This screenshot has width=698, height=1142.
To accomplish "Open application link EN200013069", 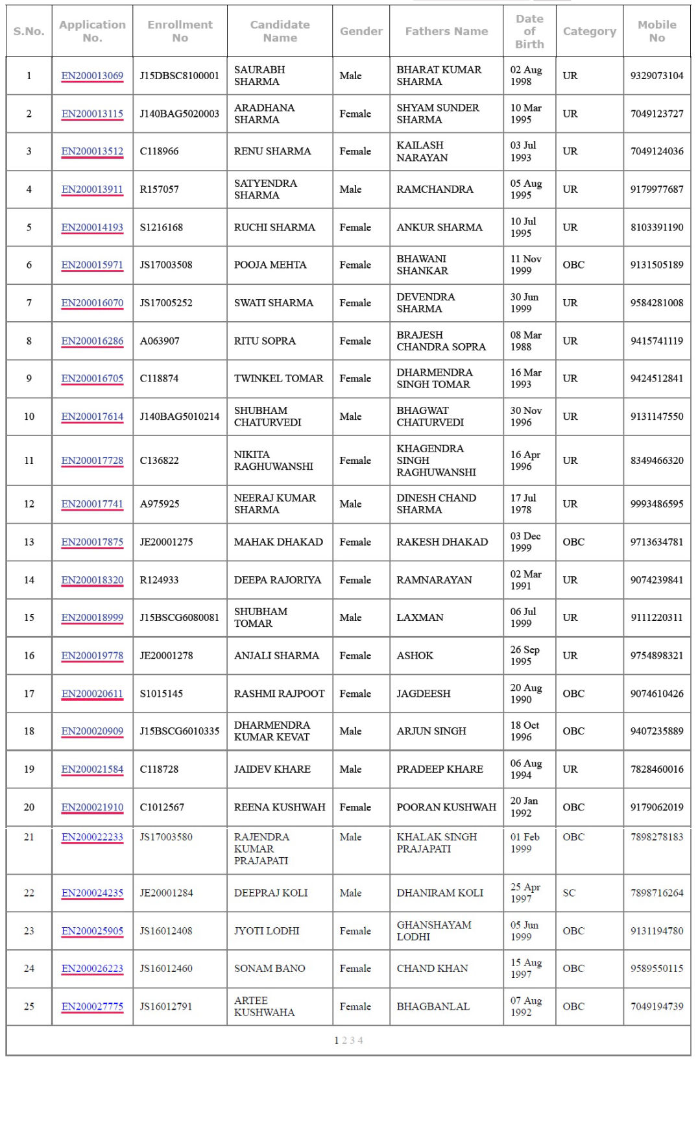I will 92,76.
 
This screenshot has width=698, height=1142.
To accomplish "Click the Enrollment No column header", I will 180,31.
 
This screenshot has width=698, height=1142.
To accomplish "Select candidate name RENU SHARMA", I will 272,151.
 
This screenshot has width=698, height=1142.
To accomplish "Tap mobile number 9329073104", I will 656,76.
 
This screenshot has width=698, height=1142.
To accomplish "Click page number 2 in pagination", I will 344,1040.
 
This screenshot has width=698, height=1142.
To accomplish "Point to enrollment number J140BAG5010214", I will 180,417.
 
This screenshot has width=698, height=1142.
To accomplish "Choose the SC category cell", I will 569,893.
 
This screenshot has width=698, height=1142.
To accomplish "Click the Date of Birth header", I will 529,31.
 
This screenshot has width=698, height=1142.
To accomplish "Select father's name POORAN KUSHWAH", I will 446,807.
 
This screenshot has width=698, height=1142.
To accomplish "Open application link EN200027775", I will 92,1006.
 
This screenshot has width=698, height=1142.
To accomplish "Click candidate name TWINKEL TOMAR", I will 278,378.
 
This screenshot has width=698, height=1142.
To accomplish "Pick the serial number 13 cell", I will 29,542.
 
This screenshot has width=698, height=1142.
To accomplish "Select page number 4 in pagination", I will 360,1040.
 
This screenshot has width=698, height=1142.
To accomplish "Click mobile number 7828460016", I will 656,769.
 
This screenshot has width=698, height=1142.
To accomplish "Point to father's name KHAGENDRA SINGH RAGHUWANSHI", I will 436,461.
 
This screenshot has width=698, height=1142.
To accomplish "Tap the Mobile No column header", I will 656,31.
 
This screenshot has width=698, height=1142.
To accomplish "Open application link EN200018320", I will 92,580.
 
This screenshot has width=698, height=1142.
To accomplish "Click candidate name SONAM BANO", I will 269,968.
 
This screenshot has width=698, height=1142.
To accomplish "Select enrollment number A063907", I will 160,341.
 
